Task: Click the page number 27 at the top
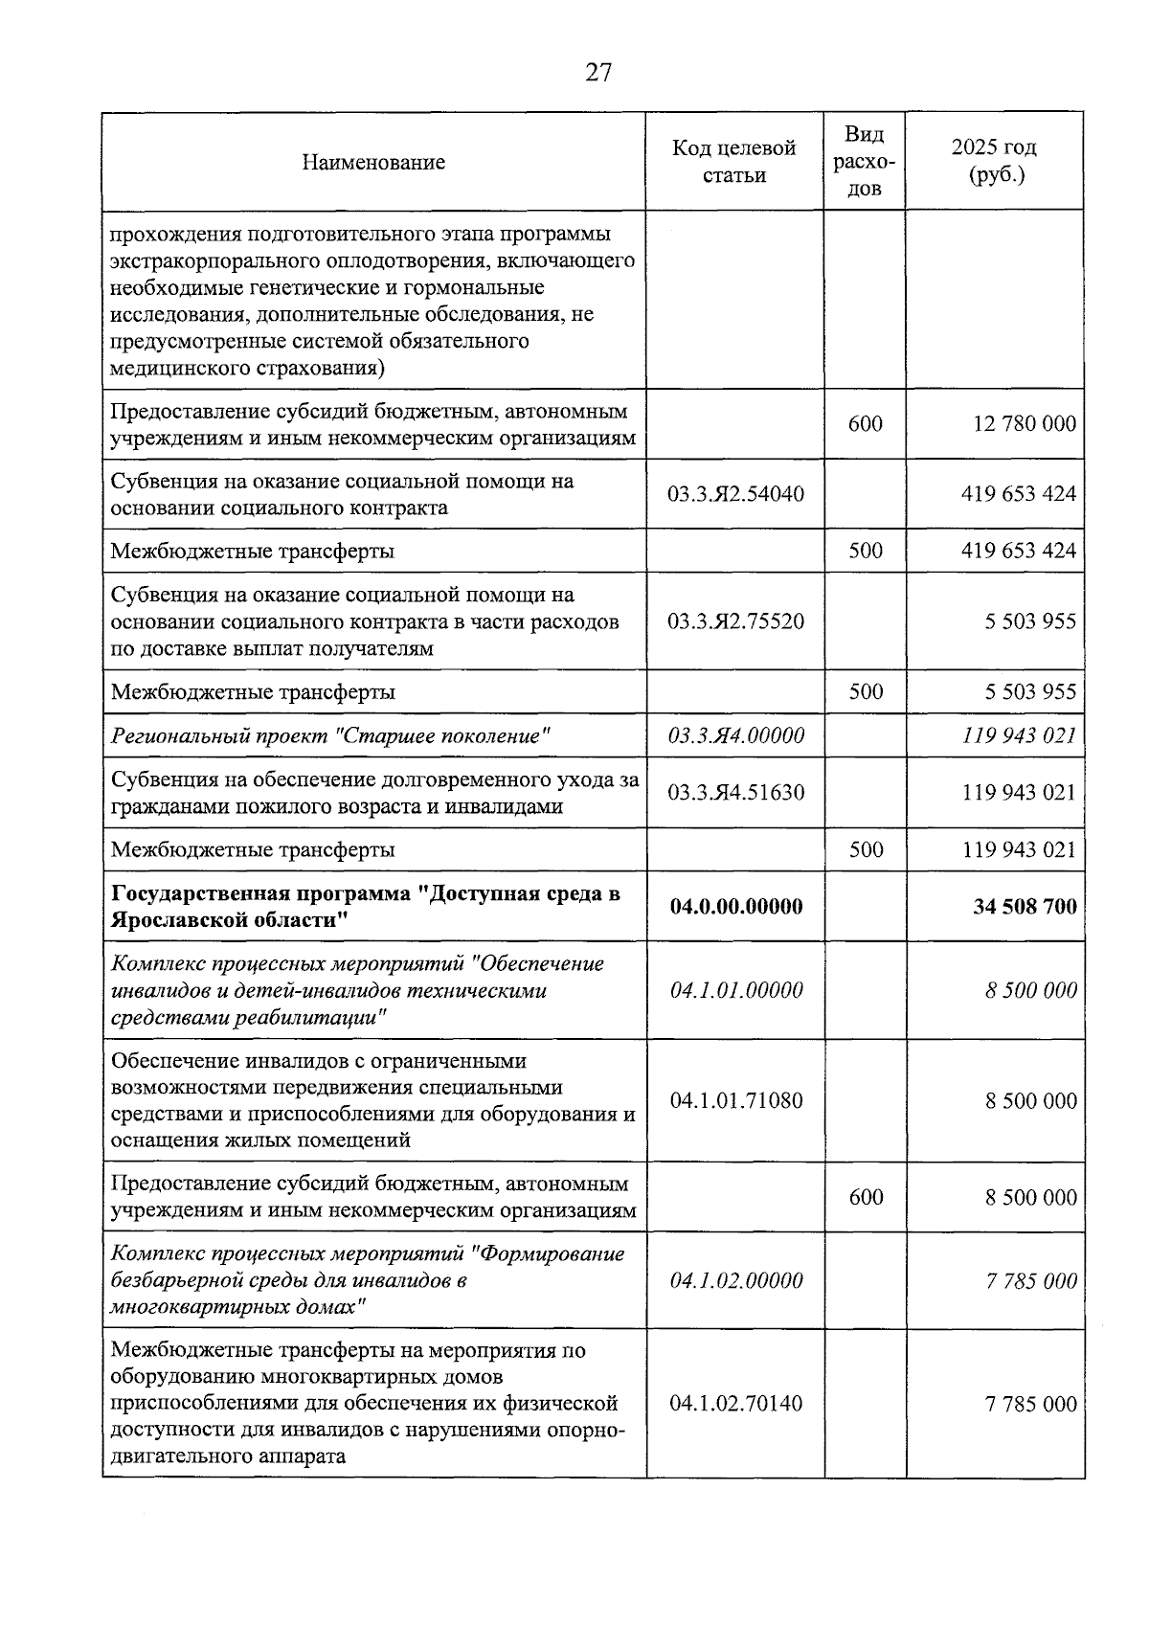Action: point(597,73)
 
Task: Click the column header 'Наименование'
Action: point(373,162)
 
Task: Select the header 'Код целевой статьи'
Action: point(734,161)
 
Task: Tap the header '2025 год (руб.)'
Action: point(994,161)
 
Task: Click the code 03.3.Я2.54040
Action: point(735,494)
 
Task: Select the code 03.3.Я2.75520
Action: point(735,621)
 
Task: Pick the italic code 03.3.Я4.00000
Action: point(735,735)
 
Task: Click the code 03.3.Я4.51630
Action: point(735,793)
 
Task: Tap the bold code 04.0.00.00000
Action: point(735,907)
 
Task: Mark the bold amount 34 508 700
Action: point(1025,907)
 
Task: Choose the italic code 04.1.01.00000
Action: point(735,990)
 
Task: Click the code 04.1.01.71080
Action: point(735,1100)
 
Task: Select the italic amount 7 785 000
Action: point(1031,1281)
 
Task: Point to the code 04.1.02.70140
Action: point(735,1404)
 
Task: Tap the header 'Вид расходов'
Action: point(865,161)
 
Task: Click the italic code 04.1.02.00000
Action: point(735,1281)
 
